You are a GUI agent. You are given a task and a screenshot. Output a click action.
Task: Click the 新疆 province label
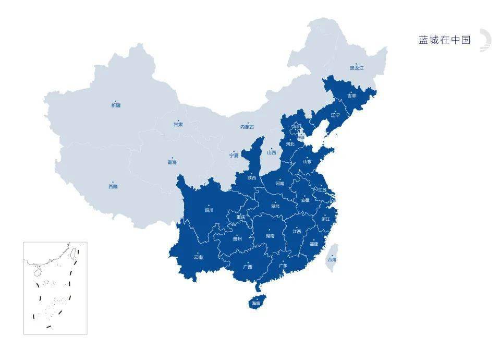116,105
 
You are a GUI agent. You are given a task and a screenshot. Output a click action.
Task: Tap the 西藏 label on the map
113,186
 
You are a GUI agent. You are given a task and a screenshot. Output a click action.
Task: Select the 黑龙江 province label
357,68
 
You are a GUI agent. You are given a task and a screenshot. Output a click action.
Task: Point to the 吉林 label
352,96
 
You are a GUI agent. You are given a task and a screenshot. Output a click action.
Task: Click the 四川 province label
209,211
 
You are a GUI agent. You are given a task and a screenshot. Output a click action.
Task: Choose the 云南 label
198,257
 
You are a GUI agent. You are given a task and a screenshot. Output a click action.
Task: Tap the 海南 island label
256,303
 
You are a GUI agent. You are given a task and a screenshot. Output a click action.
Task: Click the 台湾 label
332,259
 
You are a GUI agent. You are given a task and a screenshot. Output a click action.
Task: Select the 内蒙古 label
248,127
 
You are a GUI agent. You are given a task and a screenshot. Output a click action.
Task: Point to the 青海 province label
172,163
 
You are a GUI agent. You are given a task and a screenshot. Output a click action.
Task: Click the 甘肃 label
178,125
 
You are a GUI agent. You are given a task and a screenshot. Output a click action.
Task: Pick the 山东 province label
308,162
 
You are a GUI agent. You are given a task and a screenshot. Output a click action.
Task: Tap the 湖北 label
275,206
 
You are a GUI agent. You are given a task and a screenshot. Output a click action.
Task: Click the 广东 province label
283,266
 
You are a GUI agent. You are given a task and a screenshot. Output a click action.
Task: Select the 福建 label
313,244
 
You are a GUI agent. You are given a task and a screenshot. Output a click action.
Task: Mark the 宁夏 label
234,155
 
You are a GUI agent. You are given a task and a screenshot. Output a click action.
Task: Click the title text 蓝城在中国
445,40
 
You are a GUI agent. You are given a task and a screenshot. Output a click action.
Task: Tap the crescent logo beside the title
485,40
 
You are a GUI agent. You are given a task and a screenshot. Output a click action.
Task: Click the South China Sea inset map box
55,287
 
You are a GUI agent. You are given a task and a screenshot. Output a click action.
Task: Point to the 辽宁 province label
335,115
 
